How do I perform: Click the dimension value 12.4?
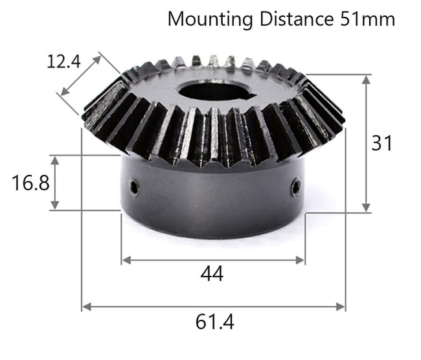tap(63, 62)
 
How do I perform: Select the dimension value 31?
tap(382, 142)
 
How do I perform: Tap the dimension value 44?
tap(212, 274)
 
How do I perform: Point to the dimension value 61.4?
tap(214, 321)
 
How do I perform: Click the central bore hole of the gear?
tap(212, 91)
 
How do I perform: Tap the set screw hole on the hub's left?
tap(133, 188)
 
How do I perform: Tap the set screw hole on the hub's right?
tap(295, 188)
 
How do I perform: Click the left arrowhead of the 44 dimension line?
tap(125, 260)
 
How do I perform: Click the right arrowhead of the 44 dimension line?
tap(301, 260)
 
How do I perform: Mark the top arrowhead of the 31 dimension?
tap(366, 78)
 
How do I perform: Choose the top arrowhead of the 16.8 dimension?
tap(55, 159)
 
